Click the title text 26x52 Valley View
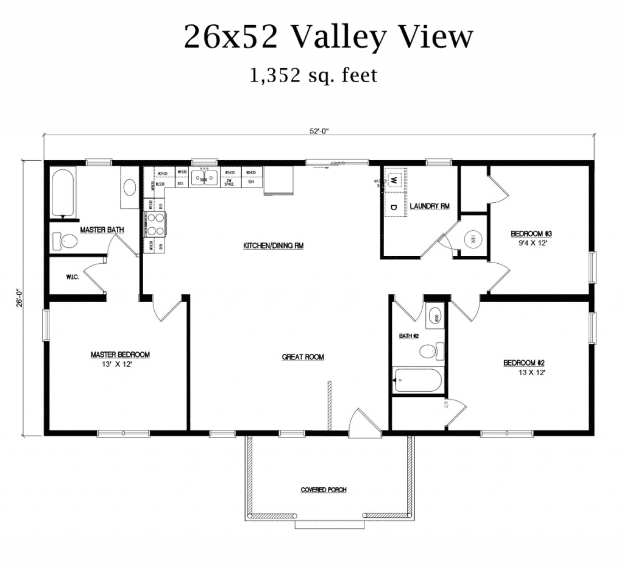[x=328, y=38]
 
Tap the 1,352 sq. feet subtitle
[x=313, y=76]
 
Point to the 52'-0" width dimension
[x=319, y=130]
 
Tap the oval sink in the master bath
[x=130, y=186]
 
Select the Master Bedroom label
[x=120, y=355]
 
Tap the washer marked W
[x=393, y=180]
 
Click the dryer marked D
[x=393, y=207]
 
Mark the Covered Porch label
[x=324, y=490]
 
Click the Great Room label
[x=303, y=357]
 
